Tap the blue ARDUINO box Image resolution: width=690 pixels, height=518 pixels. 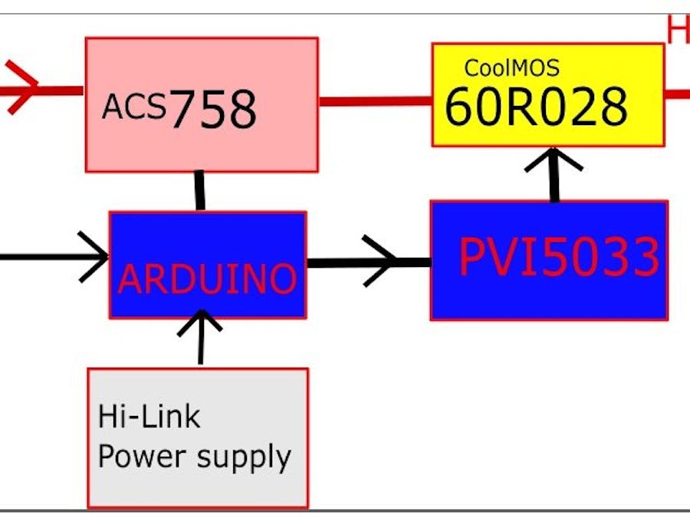click(207, 238)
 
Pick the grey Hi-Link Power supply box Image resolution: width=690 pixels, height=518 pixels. click(198, 483)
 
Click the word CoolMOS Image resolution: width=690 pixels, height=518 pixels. click(511, 68)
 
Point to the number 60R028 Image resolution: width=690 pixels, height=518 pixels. click(536, 106)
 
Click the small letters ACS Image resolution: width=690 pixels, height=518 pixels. click(133, 107)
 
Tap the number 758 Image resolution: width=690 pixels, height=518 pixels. click(212, 110)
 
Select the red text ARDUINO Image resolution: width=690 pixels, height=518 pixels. click(207, 279)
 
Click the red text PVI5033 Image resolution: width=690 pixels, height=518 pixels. click(558, 257)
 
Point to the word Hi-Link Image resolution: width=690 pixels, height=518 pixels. click(149, 417)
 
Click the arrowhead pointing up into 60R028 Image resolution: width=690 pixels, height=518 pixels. click(554, 159)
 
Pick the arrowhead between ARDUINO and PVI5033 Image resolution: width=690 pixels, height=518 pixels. click(383, 262)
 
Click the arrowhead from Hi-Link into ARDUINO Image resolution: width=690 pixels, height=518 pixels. click(201, 322)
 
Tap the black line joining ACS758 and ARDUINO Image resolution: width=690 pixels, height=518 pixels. click(200, 191)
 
